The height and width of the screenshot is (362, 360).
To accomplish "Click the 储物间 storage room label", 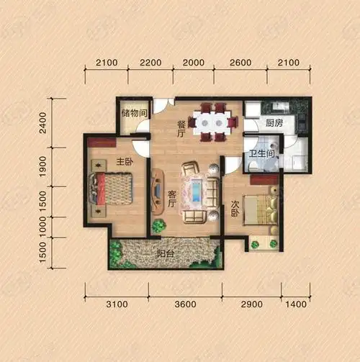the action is (135, 113).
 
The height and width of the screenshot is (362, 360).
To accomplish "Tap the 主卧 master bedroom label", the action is (125, 162).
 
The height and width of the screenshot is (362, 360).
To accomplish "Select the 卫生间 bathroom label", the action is (261, 153).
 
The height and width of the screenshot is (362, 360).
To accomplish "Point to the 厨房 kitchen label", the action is (274, 123).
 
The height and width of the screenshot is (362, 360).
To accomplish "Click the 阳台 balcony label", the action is (166, 253).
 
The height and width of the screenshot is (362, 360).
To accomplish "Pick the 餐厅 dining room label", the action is (181, 129).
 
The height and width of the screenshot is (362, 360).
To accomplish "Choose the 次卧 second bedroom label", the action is (235, 209).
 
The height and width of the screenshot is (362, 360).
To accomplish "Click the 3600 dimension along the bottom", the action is (185, 304).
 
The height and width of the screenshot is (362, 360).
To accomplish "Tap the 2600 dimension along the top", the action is (240, 63).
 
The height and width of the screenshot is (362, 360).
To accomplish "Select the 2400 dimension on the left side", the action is (43, 122).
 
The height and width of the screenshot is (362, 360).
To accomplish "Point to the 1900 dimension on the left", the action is (43, 167).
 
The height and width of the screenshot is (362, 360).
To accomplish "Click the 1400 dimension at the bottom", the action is (296, 304).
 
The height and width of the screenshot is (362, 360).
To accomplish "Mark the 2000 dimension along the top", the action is (194, 63).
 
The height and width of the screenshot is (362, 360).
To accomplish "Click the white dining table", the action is (212, 122).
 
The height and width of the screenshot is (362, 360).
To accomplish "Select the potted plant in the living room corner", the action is (159, 226).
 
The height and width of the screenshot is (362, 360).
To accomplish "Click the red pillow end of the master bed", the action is (101, 189).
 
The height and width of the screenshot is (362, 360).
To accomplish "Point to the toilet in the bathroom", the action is (253, 166).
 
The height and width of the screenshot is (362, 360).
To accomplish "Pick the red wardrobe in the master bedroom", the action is (102, 142).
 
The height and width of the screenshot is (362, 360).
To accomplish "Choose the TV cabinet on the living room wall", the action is (158, 191).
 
